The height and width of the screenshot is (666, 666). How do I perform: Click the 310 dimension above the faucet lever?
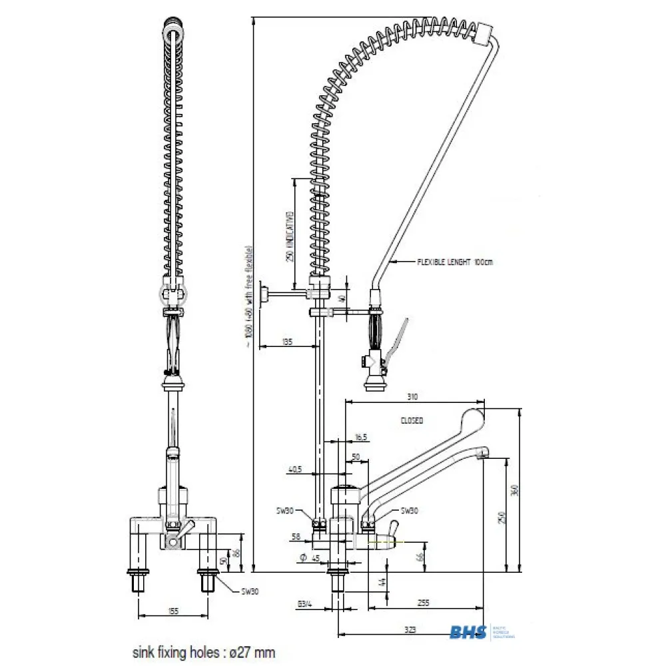tap(412, 398)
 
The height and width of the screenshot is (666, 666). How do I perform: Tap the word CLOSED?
tap(412, 421)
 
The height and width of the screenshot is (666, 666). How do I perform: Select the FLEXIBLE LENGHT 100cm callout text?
tap(455, 262)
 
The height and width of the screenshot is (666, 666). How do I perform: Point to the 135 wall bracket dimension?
tap(287, 342)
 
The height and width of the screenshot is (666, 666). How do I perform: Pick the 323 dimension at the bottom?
tap(410, 629)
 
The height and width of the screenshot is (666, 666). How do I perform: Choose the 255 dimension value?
tap(424, 603)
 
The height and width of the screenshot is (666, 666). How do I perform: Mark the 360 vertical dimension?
tap(513, 490)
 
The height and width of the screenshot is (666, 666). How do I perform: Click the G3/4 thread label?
tap(305, 605)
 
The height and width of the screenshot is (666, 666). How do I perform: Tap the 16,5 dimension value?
tap(361, 437)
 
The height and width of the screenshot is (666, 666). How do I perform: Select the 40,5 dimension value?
tap(295, 469)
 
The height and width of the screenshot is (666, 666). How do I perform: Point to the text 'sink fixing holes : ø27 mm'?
tap(203, 652)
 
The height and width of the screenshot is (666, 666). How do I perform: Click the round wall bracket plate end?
tap(264, 294)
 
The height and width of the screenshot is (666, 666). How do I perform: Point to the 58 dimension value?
tap(296, 535)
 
